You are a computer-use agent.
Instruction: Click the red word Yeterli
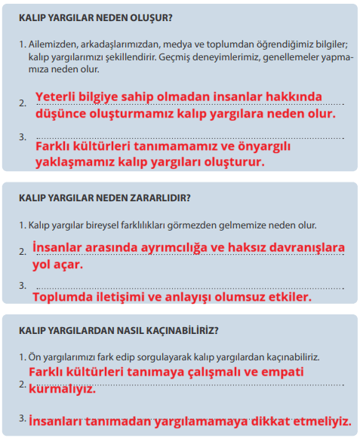(60, 96)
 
